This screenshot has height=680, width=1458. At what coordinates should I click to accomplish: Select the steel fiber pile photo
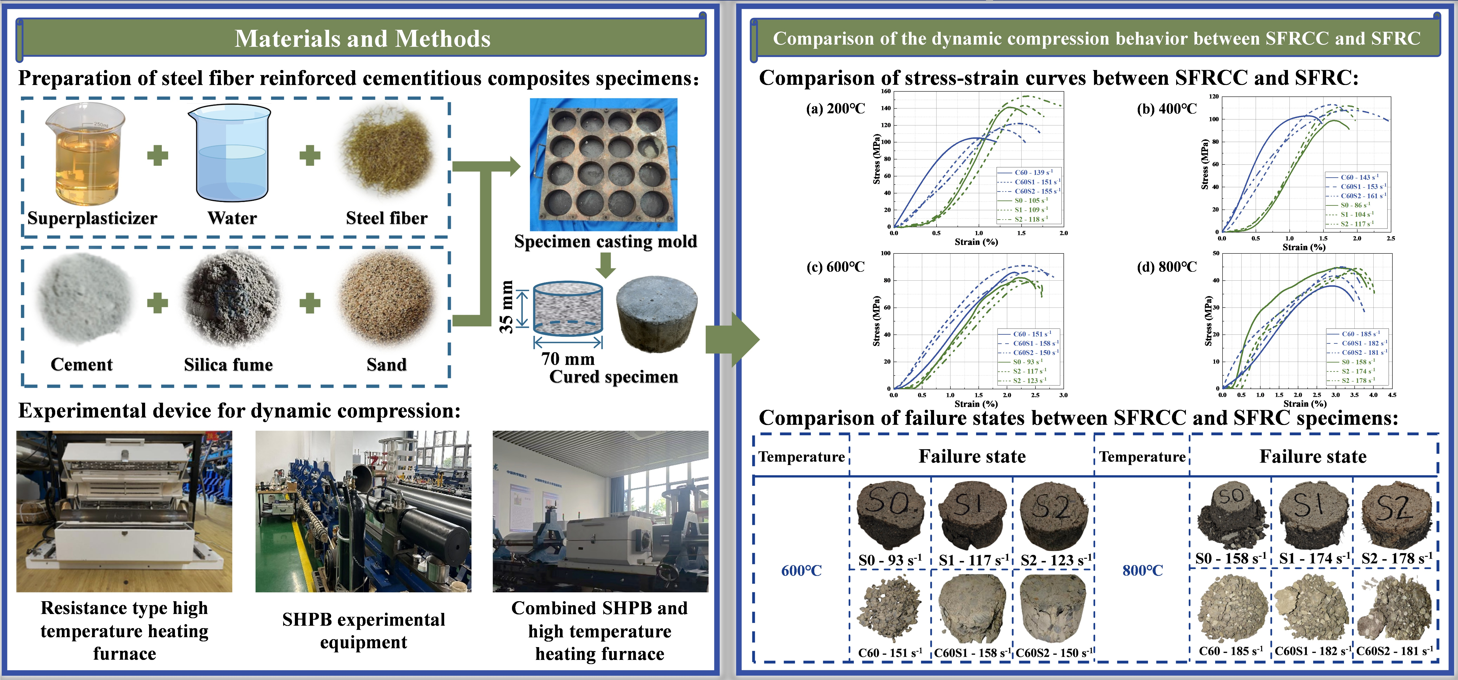pyautogui.click(x=387, y=152)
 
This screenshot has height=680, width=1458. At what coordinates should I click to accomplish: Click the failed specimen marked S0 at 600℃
pyautogui.click(x=890, y=515)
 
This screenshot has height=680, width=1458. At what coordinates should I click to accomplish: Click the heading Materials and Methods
pyautogui.click(x=362, y=38)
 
